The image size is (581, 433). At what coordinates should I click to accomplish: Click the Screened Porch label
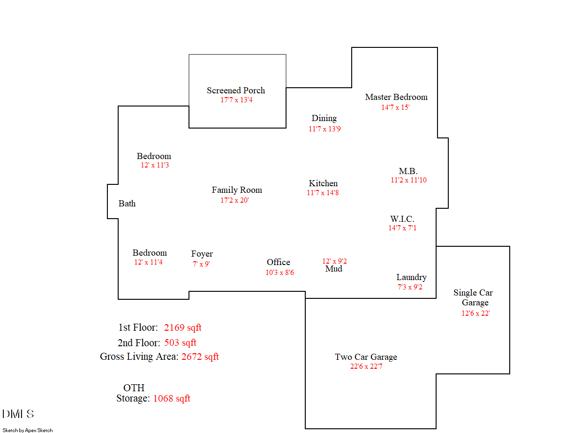236,91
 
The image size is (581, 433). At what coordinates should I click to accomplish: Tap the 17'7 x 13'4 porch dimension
236,100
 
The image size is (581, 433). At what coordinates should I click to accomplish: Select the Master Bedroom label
396,97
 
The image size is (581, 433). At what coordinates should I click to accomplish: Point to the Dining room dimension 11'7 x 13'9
324,129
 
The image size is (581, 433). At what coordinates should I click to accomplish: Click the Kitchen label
323,183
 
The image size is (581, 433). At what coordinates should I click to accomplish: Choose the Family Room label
237,190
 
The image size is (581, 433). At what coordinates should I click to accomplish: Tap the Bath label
127,204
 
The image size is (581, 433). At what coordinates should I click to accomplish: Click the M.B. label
408,171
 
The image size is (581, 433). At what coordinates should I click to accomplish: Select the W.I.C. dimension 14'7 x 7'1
402,228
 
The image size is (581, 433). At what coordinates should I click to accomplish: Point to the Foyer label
202,254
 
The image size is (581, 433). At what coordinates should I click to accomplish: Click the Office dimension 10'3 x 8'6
279,273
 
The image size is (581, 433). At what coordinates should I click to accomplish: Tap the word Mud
333,269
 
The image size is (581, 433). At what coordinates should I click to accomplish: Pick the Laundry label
411,277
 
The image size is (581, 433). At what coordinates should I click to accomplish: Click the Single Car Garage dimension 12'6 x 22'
475,313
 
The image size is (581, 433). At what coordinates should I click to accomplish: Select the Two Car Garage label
366,357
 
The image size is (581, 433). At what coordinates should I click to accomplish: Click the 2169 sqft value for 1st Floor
182,327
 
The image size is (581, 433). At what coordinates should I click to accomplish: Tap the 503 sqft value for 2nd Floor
180,343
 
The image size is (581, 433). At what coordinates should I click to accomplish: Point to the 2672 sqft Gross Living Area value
200,357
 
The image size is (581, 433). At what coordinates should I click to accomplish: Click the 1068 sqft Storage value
172,398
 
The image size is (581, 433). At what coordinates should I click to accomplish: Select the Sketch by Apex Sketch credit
28,430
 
